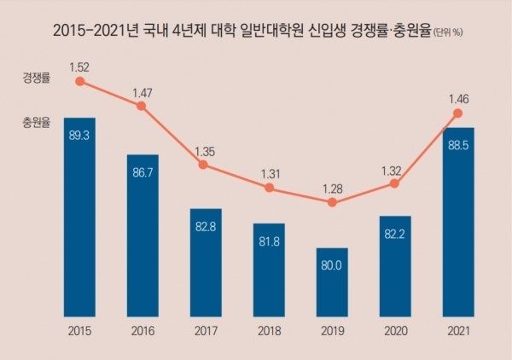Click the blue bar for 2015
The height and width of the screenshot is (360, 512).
click(79, 217)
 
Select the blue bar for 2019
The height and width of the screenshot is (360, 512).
click(332, 282)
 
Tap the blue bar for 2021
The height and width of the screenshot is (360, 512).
click(457, 222)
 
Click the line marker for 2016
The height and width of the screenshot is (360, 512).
click(142, 106)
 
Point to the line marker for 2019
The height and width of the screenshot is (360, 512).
click(332, 202)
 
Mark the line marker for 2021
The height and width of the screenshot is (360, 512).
click(458, 113)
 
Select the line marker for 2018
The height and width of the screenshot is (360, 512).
click(269, 187)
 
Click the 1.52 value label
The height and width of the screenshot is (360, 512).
click(79, 65)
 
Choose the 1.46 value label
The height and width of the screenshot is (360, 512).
click(457, 97)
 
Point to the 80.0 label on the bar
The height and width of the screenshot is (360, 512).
click(332, 265)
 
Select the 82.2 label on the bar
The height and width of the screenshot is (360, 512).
click(395, 233)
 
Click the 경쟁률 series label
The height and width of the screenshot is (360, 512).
click(36, 79)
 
